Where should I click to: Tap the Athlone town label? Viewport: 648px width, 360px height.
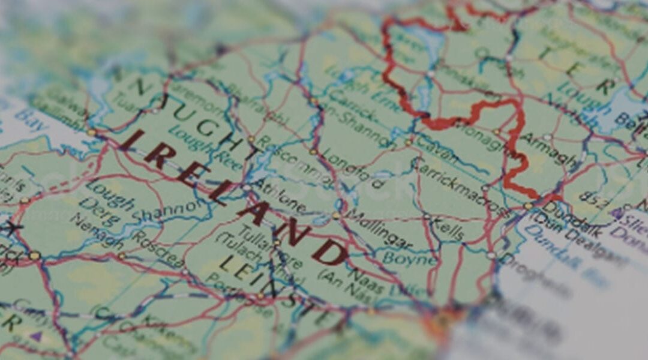[279, 196]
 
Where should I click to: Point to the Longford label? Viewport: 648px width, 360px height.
[353, 167]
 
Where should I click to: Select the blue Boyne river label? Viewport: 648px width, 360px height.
[409, 259]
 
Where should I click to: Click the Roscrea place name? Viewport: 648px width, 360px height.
[152, 245]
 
